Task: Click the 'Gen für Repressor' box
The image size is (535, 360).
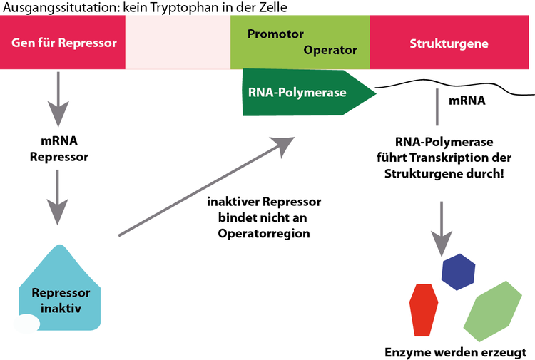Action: point(63,43)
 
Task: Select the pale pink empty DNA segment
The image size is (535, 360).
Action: point(178,43)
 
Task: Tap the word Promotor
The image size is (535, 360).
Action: point(275,34)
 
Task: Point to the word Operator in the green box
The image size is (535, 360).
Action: point(330,51)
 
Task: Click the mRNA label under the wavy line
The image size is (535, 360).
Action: point(467,101)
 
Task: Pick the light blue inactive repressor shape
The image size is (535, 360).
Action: point(60,289)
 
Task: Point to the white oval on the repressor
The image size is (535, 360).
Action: point(27,323)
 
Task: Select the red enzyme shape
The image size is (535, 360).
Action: point(423,308)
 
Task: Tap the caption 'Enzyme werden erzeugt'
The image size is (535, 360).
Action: point(454,351)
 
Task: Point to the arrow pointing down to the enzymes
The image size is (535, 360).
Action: point(443,228)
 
